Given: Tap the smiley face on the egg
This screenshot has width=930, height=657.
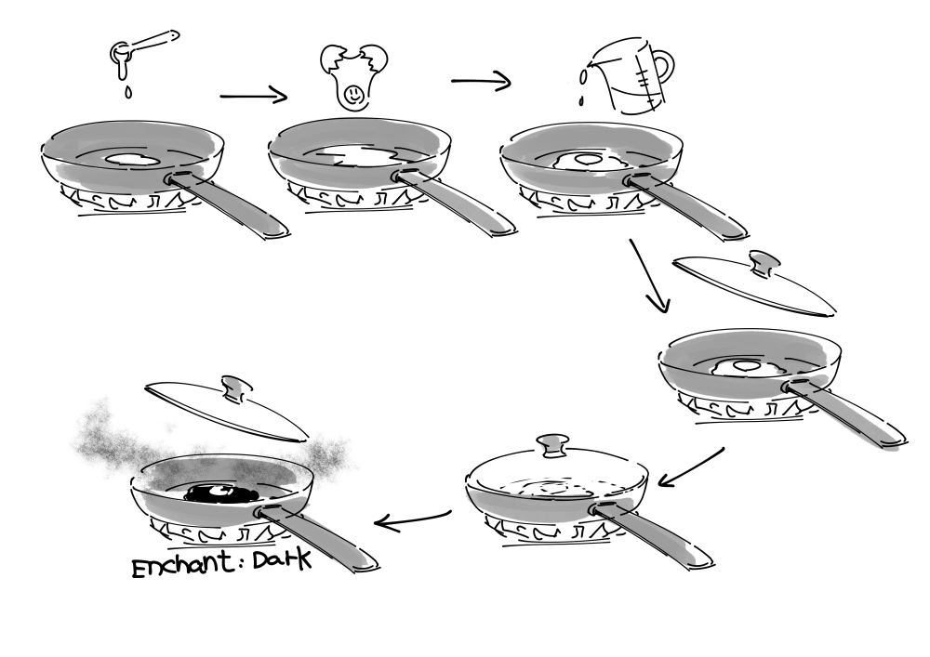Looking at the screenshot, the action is pyautogui.click(x=352, y=94).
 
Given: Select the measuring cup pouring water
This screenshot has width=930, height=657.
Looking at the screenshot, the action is pyautogui.click(x=632, y=75).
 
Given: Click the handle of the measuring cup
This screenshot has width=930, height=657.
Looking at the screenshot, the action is pyautogui.click(x=663, y=68).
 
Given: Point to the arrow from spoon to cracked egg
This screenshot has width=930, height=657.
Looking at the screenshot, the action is pyautogui.click(x=253, y=96).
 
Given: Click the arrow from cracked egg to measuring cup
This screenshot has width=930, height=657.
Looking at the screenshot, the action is pyautogui.click(x=481, y=81).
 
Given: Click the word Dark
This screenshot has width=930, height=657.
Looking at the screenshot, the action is pyautogui.click(x=282, y=559).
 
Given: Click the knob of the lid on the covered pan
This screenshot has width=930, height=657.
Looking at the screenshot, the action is pyautogui.click(x=552, y=445).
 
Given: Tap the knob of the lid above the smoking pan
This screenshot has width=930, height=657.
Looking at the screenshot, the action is pyautogui.click(x=234, y=388).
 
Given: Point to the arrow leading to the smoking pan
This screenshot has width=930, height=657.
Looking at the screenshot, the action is pyautogui.click(x=413, y=520).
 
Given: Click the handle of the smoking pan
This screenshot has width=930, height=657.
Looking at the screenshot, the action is pyautogui.click(x=317, y=537).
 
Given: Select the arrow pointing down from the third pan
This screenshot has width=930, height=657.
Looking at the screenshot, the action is pyautogui.click(x=650, y=275).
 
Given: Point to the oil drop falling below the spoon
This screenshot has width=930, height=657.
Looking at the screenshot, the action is pyautogui.click(x=128, y=92).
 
